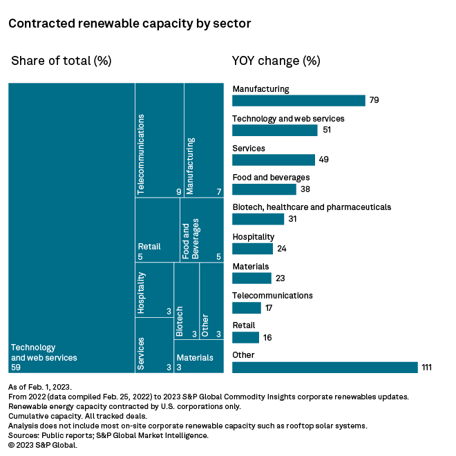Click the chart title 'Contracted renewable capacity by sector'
click(129, 23)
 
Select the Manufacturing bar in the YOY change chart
click(298, 100)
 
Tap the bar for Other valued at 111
click(325, 367)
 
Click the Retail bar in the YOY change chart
click(245, 337)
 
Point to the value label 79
click(374, 100)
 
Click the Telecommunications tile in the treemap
click(159, 140)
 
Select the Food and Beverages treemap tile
click(201, 229)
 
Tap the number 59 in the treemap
click(17, 368)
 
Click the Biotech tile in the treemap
click(186, 303)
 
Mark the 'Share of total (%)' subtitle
click(61, 61)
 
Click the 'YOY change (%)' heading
click(276, 61)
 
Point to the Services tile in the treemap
click(153, 345)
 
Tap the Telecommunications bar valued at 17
click(247, 307)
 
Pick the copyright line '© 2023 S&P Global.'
click(43, 446)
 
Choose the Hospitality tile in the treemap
click(153, 290)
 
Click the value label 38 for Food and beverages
click(304, 189)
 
